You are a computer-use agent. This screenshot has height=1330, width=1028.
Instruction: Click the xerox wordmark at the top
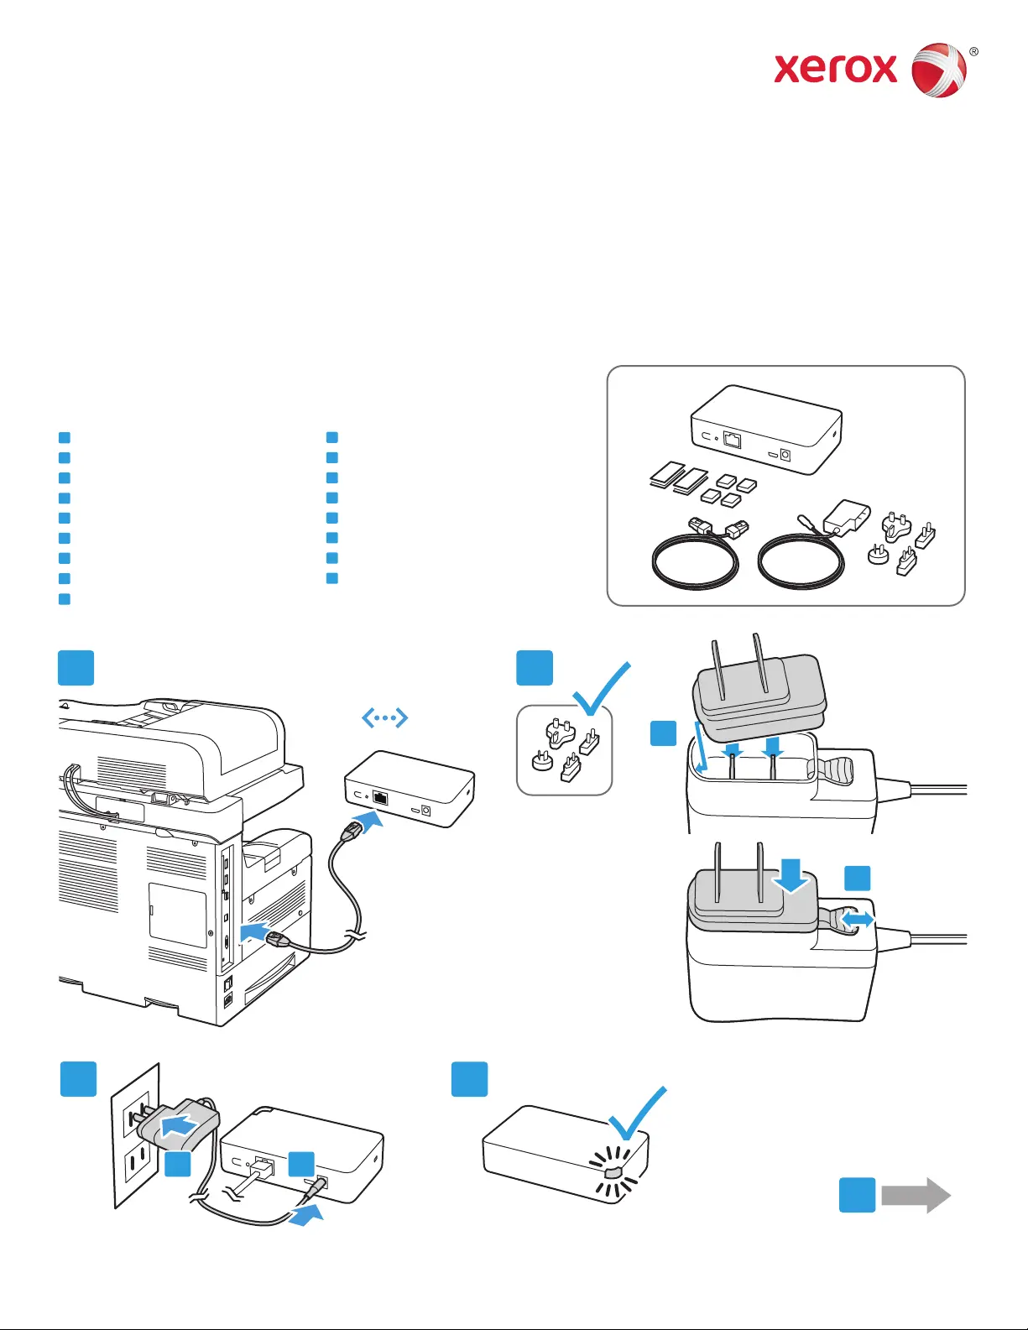tap(835, 69)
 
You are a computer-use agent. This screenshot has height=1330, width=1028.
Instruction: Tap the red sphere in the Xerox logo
tap(939, 70)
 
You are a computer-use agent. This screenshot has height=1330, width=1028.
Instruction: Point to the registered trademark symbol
tap(973, 52)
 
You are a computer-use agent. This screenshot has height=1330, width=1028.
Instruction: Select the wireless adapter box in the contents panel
tap(765, 430)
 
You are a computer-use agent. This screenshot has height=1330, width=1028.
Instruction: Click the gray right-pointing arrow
tap(916, 1195)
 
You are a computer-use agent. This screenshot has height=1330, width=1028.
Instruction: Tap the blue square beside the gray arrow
tap(857, 1195)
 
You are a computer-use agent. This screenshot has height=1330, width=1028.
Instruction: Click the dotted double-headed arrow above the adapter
tap(384, 717)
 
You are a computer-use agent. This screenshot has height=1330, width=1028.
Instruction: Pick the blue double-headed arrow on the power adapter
tap(857, 921)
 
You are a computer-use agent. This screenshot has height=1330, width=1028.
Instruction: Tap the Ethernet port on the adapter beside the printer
tap(380, 797)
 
